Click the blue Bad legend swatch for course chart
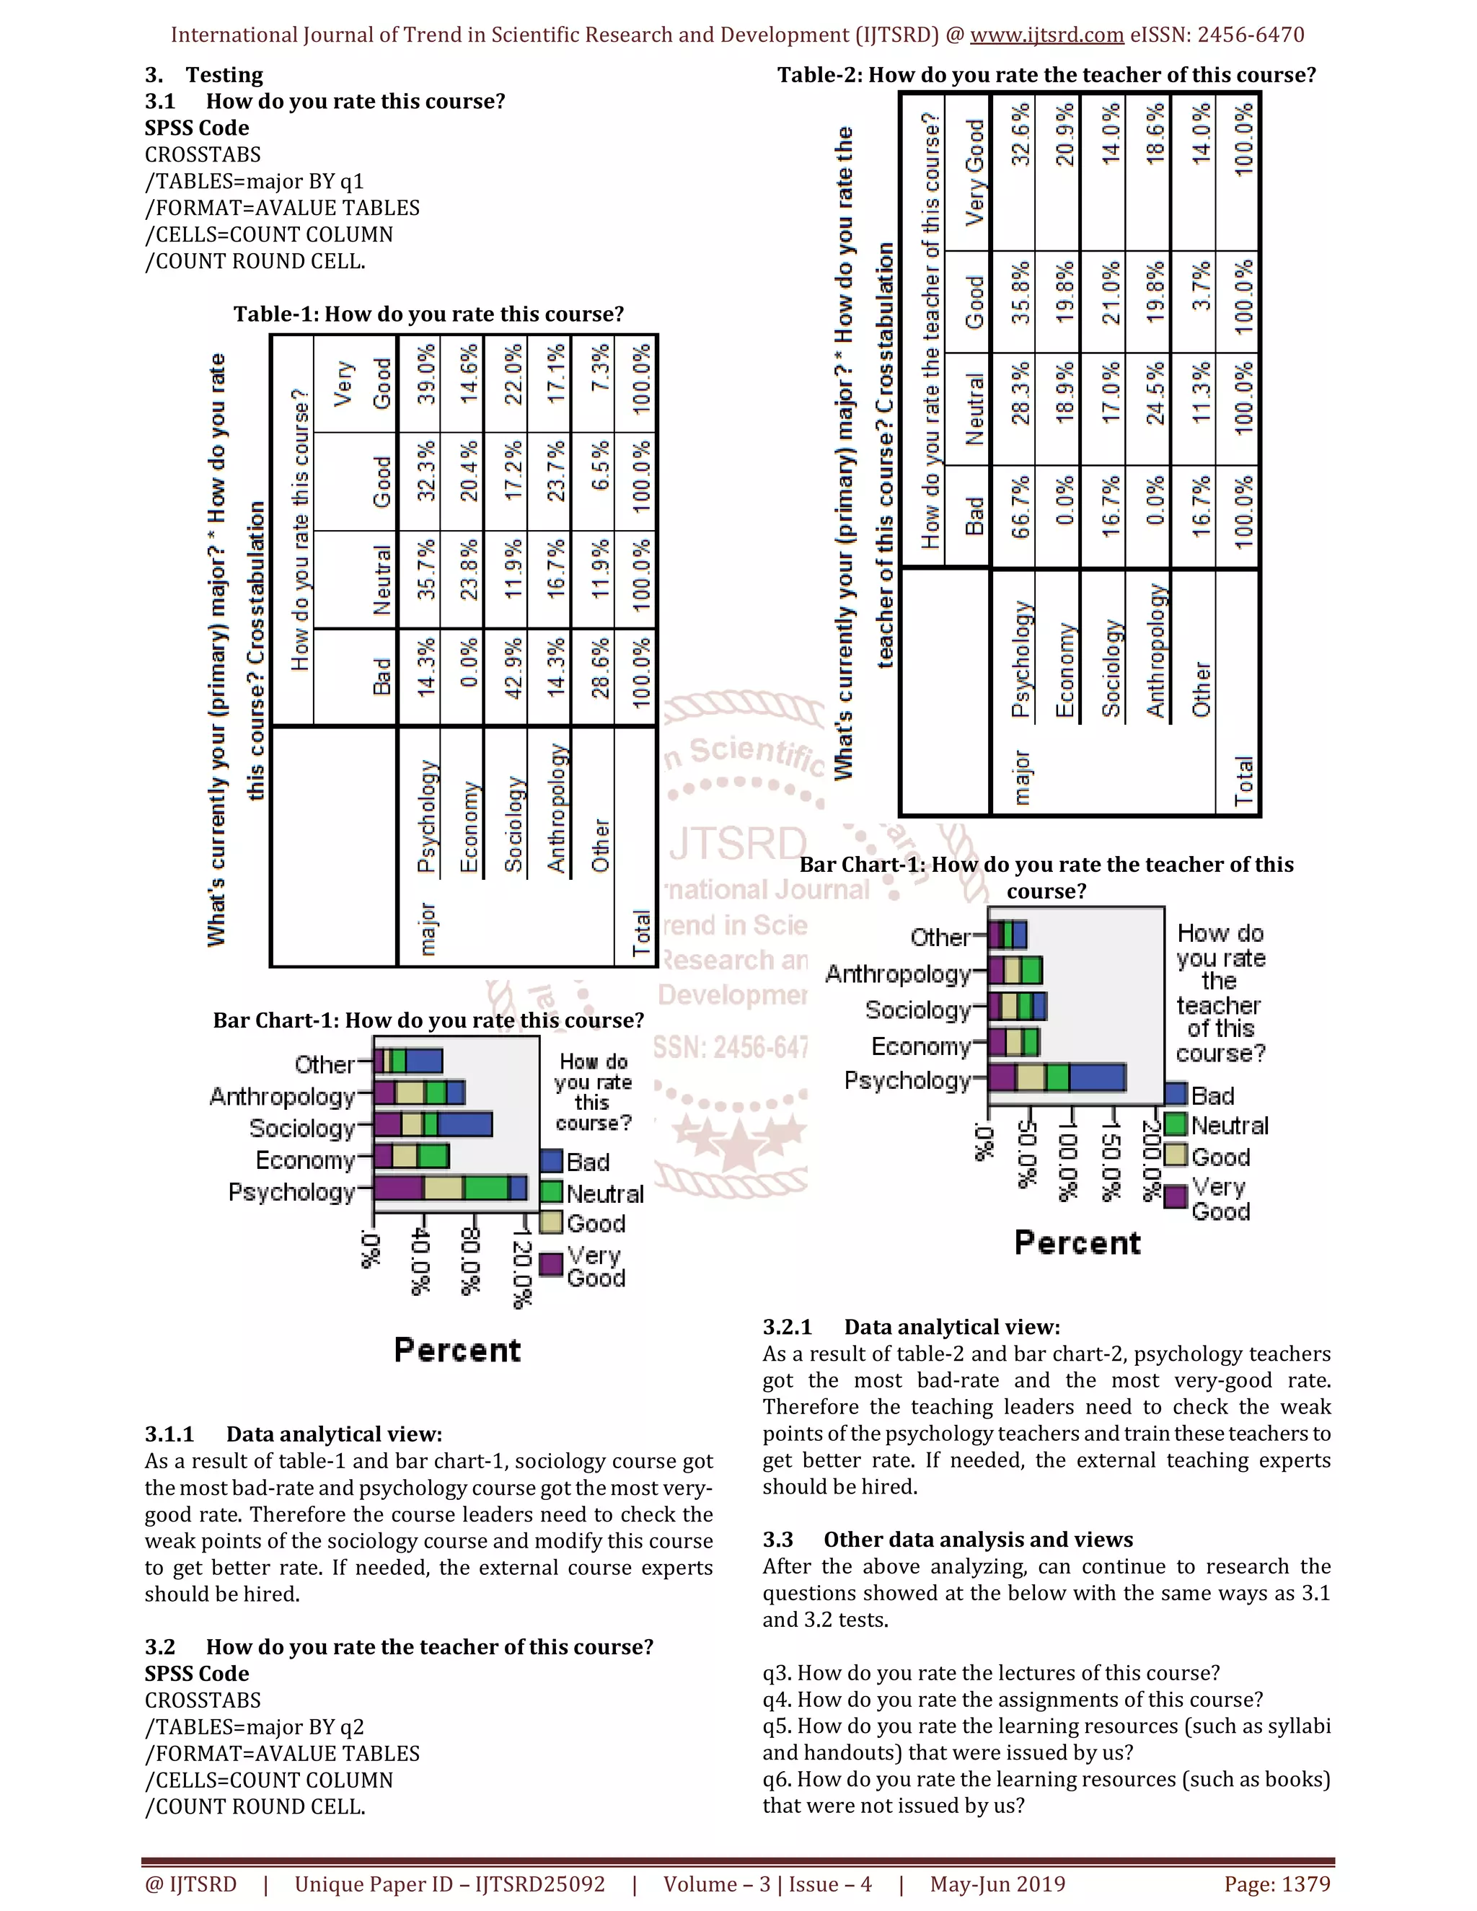[551, 1161]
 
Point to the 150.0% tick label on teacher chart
[1109, 1157]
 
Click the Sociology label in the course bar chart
[302, 1128]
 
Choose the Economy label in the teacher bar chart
[920, 1046]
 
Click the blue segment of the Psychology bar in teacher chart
[1096, 1078]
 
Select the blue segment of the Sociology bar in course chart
[464, 1124]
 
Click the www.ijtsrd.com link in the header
[1046, 35]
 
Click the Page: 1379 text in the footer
[1277, 1884]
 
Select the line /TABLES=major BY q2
[255, 1726]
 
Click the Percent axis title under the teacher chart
[1077, 1243]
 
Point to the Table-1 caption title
[429, 314]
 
